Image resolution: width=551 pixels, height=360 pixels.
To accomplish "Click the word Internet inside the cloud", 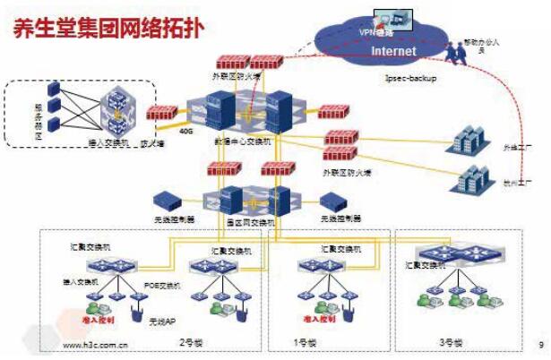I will [395, 51].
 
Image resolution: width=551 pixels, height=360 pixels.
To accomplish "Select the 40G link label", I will [186, 130].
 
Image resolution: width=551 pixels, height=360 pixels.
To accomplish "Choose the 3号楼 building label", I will [452, 343].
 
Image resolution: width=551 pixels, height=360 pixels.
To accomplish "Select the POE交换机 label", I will [162, 285].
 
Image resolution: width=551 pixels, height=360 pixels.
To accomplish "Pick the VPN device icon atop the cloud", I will [389, 17].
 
